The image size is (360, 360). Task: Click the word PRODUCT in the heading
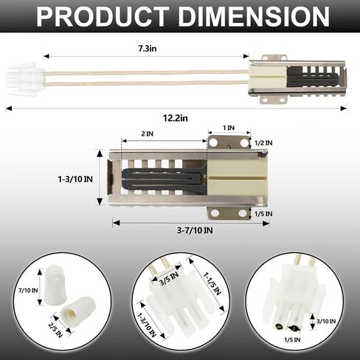coord(103,16)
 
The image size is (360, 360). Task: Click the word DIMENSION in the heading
coord(254,16)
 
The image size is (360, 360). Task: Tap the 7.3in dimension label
coord(147,49)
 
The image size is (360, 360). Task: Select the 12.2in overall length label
coord(176,118)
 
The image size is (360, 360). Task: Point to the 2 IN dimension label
coord(148,134)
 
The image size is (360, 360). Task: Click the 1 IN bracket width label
coord(229,128)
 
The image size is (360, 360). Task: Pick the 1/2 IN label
coord(263,143)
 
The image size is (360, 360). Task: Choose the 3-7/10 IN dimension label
coord(195,230)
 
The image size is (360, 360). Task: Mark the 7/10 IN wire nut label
coord(28,291)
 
